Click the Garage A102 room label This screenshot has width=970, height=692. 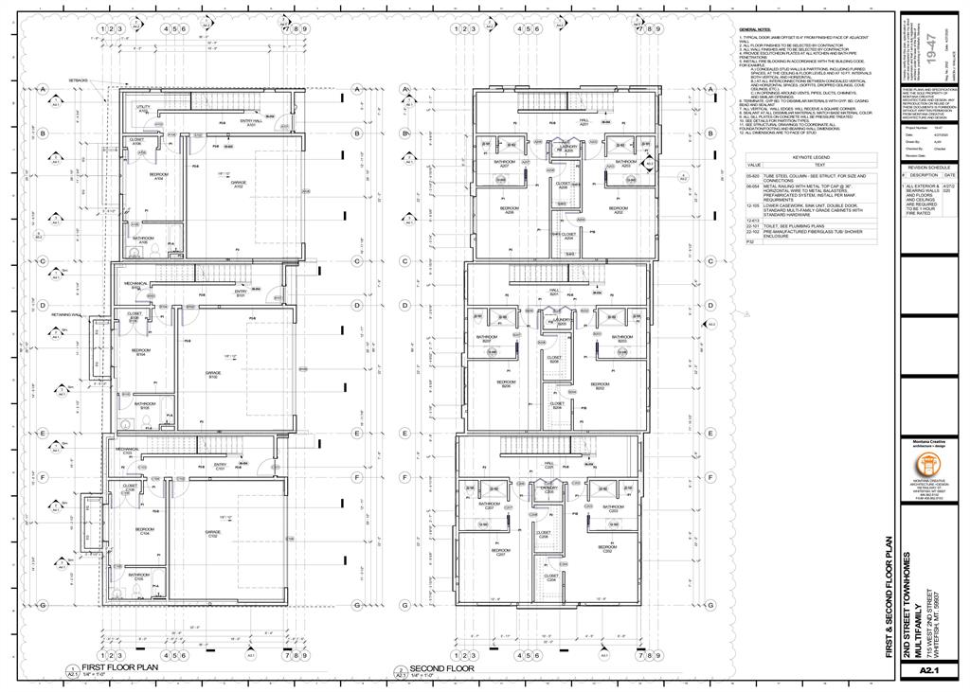click(239, 185)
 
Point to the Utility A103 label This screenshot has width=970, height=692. click(144, 109)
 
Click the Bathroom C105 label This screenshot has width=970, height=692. click(139, 576)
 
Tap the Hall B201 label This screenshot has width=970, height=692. click(554, 293)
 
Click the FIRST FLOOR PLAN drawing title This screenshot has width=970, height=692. click(119, 667)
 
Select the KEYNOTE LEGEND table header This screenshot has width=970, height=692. click(810, 157)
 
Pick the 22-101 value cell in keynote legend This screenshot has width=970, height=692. click(753, 227)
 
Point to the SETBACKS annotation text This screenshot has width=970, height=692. click(78, 81)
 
